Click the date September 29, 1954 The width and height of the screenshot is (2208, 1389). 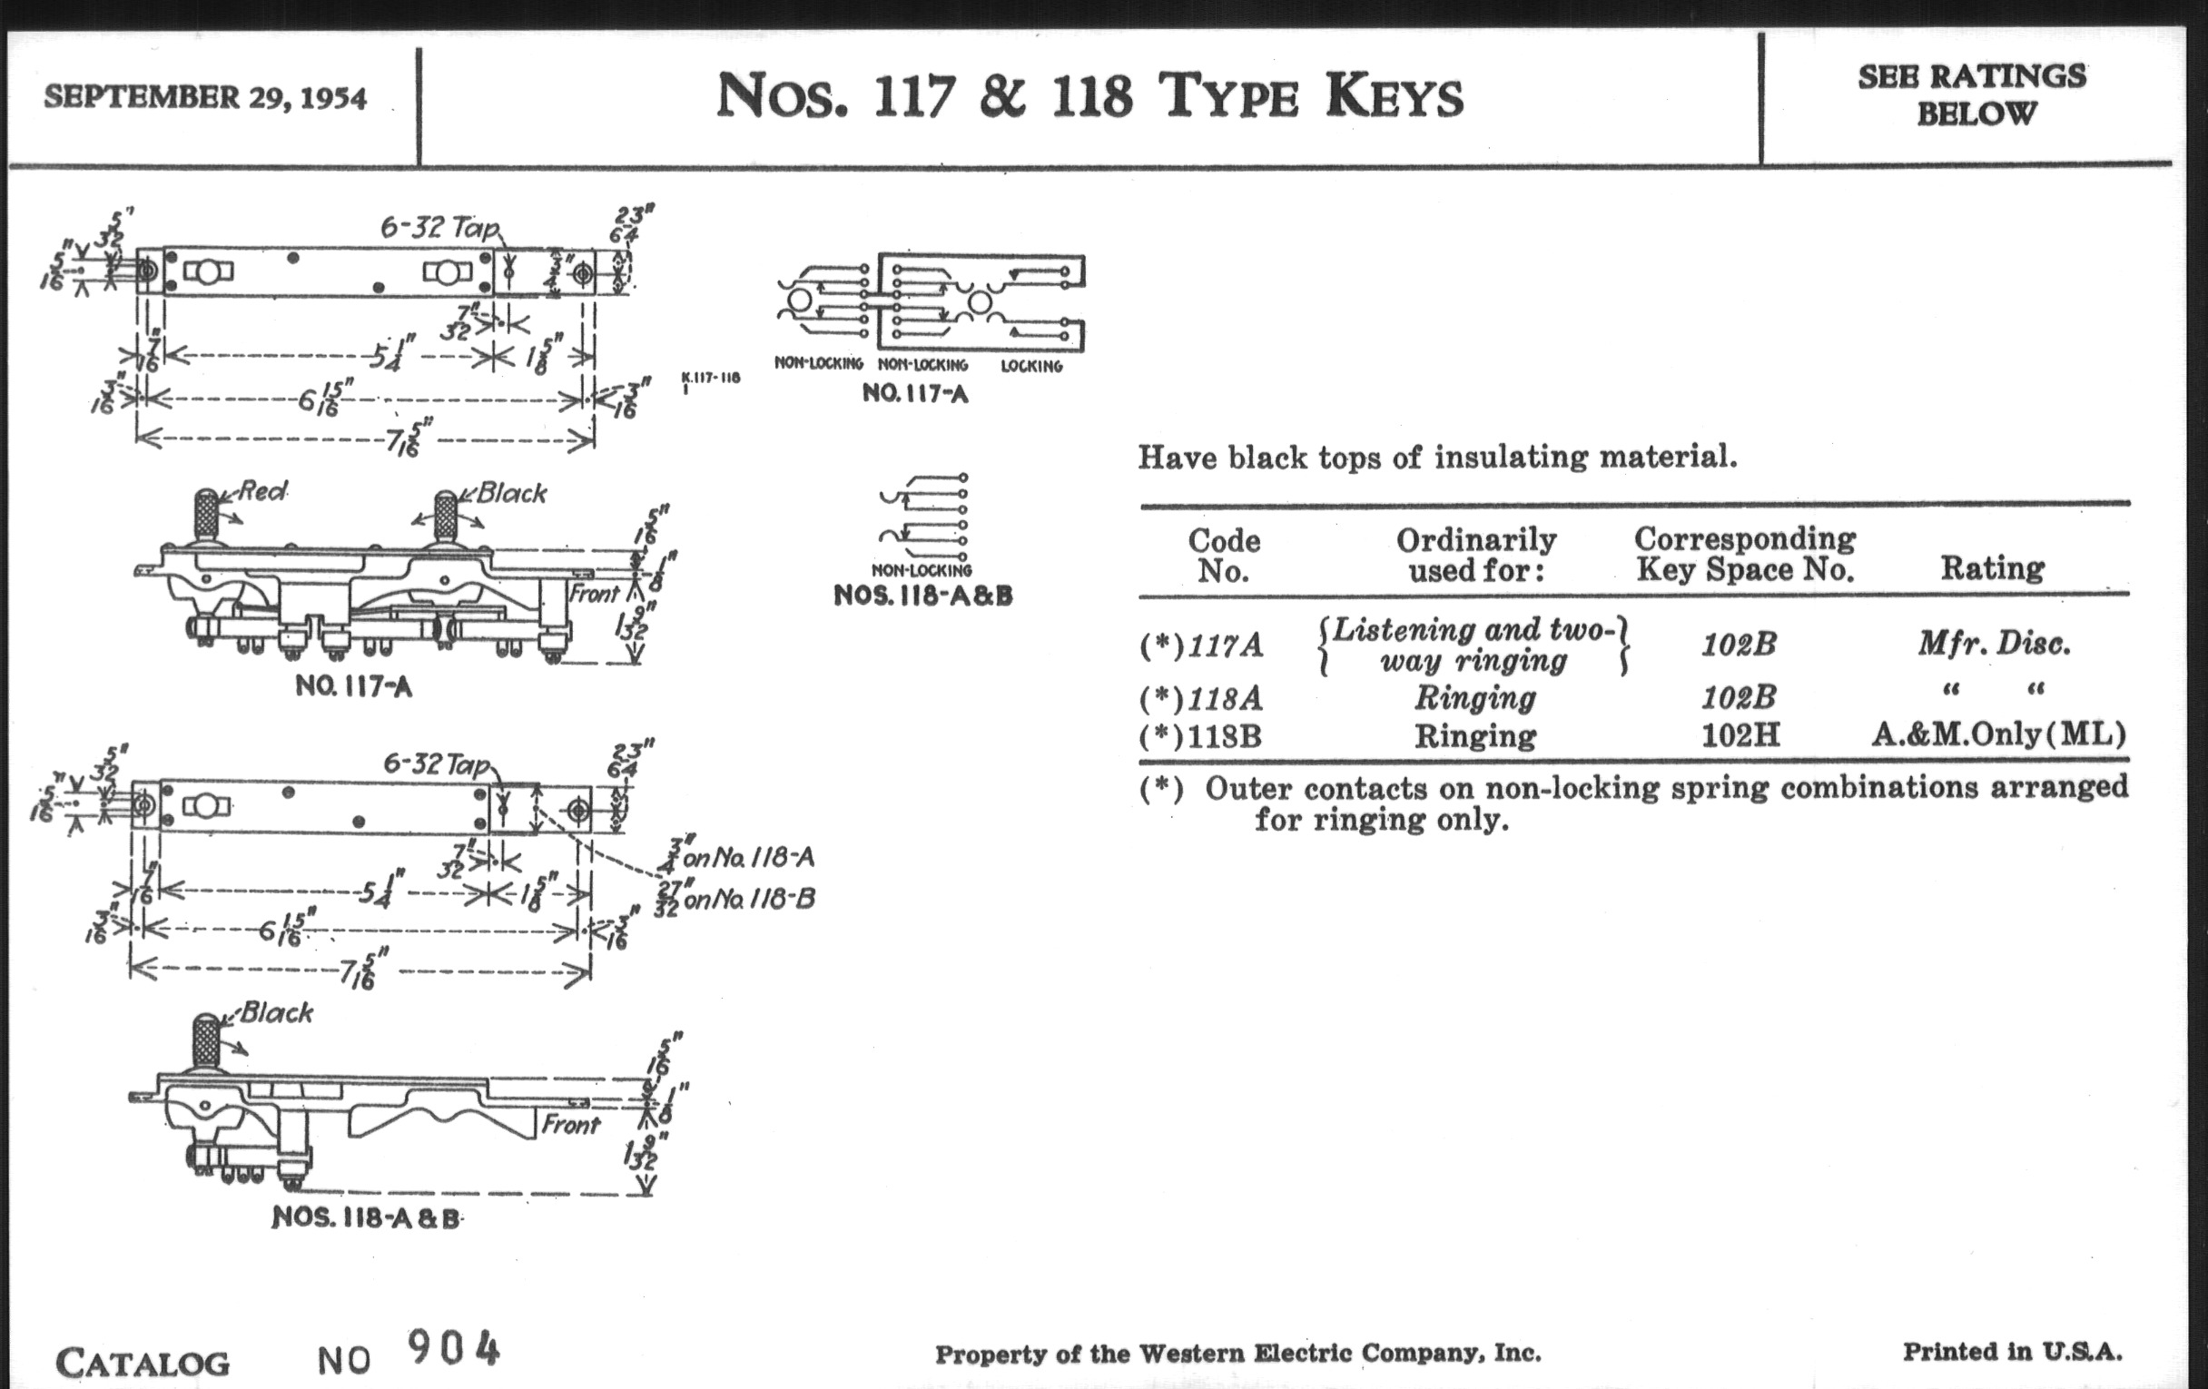pyautogui.click(x=205, y=97)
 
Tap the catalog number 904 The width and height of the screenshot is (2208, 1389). pyautogui.click(x=454, y=1349)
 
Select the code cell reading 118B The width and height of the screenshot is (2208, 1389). pyautogui.click(x=1223, y=736)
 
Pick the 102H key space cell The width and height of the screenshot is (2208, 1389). pyautogui.click(x=1740, y=734)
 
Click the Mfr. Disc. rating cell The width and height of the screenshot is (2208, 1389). pyautogui.click(x=1994, y=644)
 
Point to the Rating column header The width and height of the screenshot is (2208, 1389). pyautogui.click(x=1992, y=568)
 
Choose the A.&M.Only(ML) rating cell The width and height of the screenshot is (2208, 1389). pyautogui.click(x=1998, y=734)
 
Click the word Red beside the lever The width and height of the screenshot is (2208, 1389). pyautogui.click(x=262, y=491)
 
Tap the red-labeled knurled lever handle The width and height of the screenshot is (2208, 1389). pyautogui.click(x=205, y=517)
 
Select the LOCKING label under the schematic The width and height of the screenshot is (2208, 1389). pyautogui.click(x=1031, y=366)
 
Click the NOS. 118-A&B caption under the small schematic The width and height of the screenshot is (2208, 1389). pyautogui.click(x=922, y=596)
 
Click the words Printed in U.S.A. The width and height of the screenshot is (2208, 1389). pyautogui.click(x=2012, y=1352)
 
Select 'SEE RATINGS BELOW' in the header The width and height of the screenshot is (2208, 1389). pyautogui.click(x=1971, y=94)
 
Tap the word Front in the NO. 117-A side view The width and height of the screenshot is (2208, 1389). pyautogui.click(x=594, y=594)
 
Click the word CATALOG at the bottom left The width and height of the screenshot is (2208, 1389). pyautogui.click(x=143, y=1363)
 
